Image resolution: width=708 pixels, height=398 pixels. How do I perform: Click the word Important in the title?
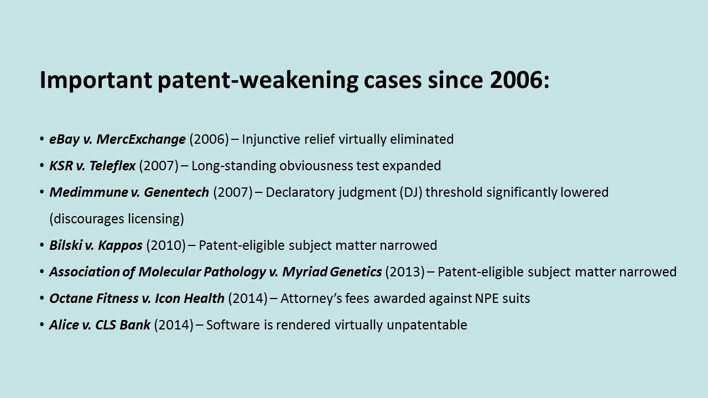coord(96,81)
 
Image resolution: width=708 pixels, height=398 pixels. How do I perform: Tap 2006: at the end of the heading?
coord(519,80)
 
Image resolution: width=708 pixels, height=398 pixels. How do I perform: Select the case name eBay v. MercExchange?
coord(117,139)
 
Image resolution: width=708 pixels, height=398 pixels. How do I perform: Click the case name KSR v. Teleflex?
coord(92,166)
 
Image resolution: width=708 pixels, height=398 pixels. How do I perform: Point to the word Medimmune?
coord(88,192)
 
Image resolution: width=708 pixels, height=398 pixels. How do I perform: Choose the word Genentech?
coord(176,192)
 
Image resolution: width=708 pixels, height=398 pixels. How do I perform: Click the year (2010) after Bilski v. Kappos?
coord(166,245)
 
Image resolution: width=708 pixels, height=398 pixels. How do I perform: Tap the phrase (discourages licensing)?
coord(117,219)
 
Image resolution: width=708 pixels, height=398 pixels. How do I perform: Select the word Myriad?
coord(304,272)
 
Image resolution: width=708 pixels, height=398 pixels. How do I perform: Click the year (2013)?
coord(405,272)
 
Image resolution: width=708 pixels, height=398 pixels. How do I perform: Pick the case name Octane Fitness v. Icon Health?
coord(137,298)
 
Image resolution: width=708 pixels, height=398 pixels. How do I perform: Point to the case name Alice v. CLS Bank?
coord(100,325)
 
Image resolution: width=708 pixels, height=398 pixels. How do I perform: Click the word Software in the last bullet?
coord(233,325)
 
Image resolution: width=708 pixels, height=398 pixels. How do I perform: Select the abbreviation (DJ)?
coord(411,192)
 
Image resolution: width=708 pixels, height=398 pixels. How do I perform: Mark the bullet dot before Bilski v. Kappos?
coord(41,245)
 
